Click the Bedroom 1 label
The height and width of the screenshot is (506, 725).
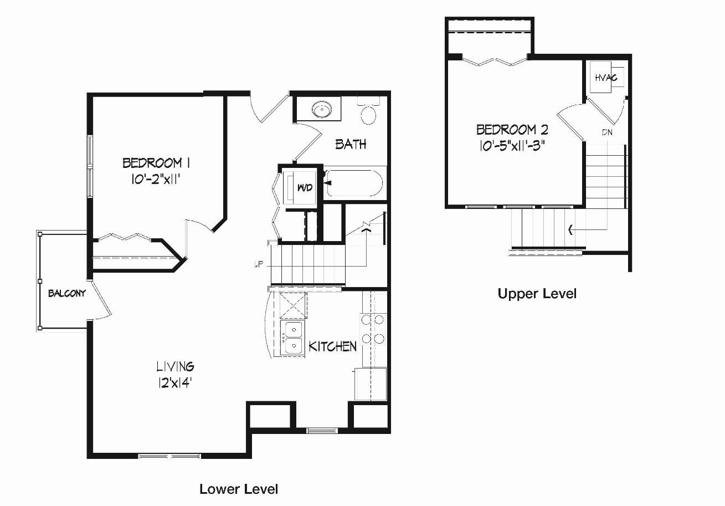coord(156,162)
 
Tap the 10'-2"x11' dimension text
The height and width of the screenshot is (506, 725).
coord(155,179)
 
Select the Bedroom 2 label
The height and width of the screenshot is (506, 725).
coord(512,130)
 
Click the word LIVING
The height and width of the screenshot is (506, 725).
coord(175,366)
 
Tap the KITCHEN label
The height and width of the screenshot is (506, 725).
coord(332,346)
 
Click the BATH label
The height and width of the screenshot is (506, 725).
coord(351,144)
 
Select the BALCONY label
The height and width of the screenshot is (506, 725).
coord(67,294)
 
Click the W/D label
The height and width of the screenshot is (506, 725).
coord(305,187)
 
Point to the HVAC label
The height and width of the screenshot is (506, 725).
coord(606,78)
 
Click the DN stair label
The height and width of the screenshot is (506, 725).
coord(607,132)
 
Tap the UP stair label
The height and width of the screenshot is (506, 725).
coord(259,264)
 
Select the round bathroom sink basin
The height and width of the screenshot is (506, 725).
coord(322,109)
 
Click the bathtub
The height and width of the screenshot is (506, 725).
coord(354,183)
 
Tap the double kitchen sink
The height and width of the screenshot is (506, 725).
coord(293,338)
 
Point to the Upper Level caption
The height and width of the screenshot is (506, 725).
coord(537,294)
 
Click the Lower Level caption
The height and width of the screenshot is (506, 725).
coord(239,489)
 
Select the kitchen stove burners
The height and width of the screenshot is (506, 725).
coord(373,329)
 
